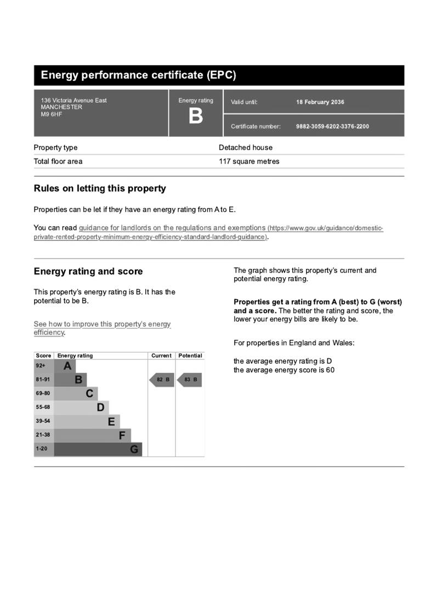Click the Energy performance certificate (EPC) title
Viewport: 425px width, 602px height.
click(x=138, y=75)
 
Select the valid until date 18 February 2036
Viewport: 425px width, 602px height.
click(x=320, y=102)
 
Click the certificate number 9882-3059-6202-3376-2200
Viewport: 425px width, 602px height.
click(x=332, y=126)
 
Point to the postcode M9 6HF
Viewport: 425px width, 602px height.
click(x=52, y=114)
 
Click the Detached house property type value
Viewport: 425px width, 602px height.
click(x=245, y=148)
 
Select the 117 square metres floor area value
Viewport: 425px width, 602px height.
click(x=249, y=161)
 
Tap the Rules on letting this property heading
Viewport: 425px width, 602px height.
click(x=100, y=188)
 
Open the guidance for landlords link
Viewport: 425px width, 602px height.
click(x=172, y=228)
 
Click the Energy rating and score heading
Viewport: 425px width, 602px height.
click(x=88, y=271)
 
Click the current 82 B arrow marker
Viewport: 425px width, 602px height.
click(x=162, y=380)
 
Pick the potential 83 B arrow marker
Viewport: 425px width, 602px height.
click(x=189, y=380)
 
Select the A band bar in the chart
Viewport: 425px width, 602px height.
click(x=65, y=366)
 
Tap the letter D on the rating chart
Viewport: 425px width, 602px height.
click(x=100, y=407)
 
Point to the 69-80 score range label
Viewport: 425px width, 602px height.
click(x=43, y=393)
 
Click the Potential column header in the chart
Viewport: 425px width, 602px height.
click(x=190, y=356)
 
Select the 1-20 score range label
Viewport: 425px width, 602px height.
click(x=42, y=449)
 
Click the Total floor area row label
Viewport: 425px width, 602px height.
click(x=58, y=161)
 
